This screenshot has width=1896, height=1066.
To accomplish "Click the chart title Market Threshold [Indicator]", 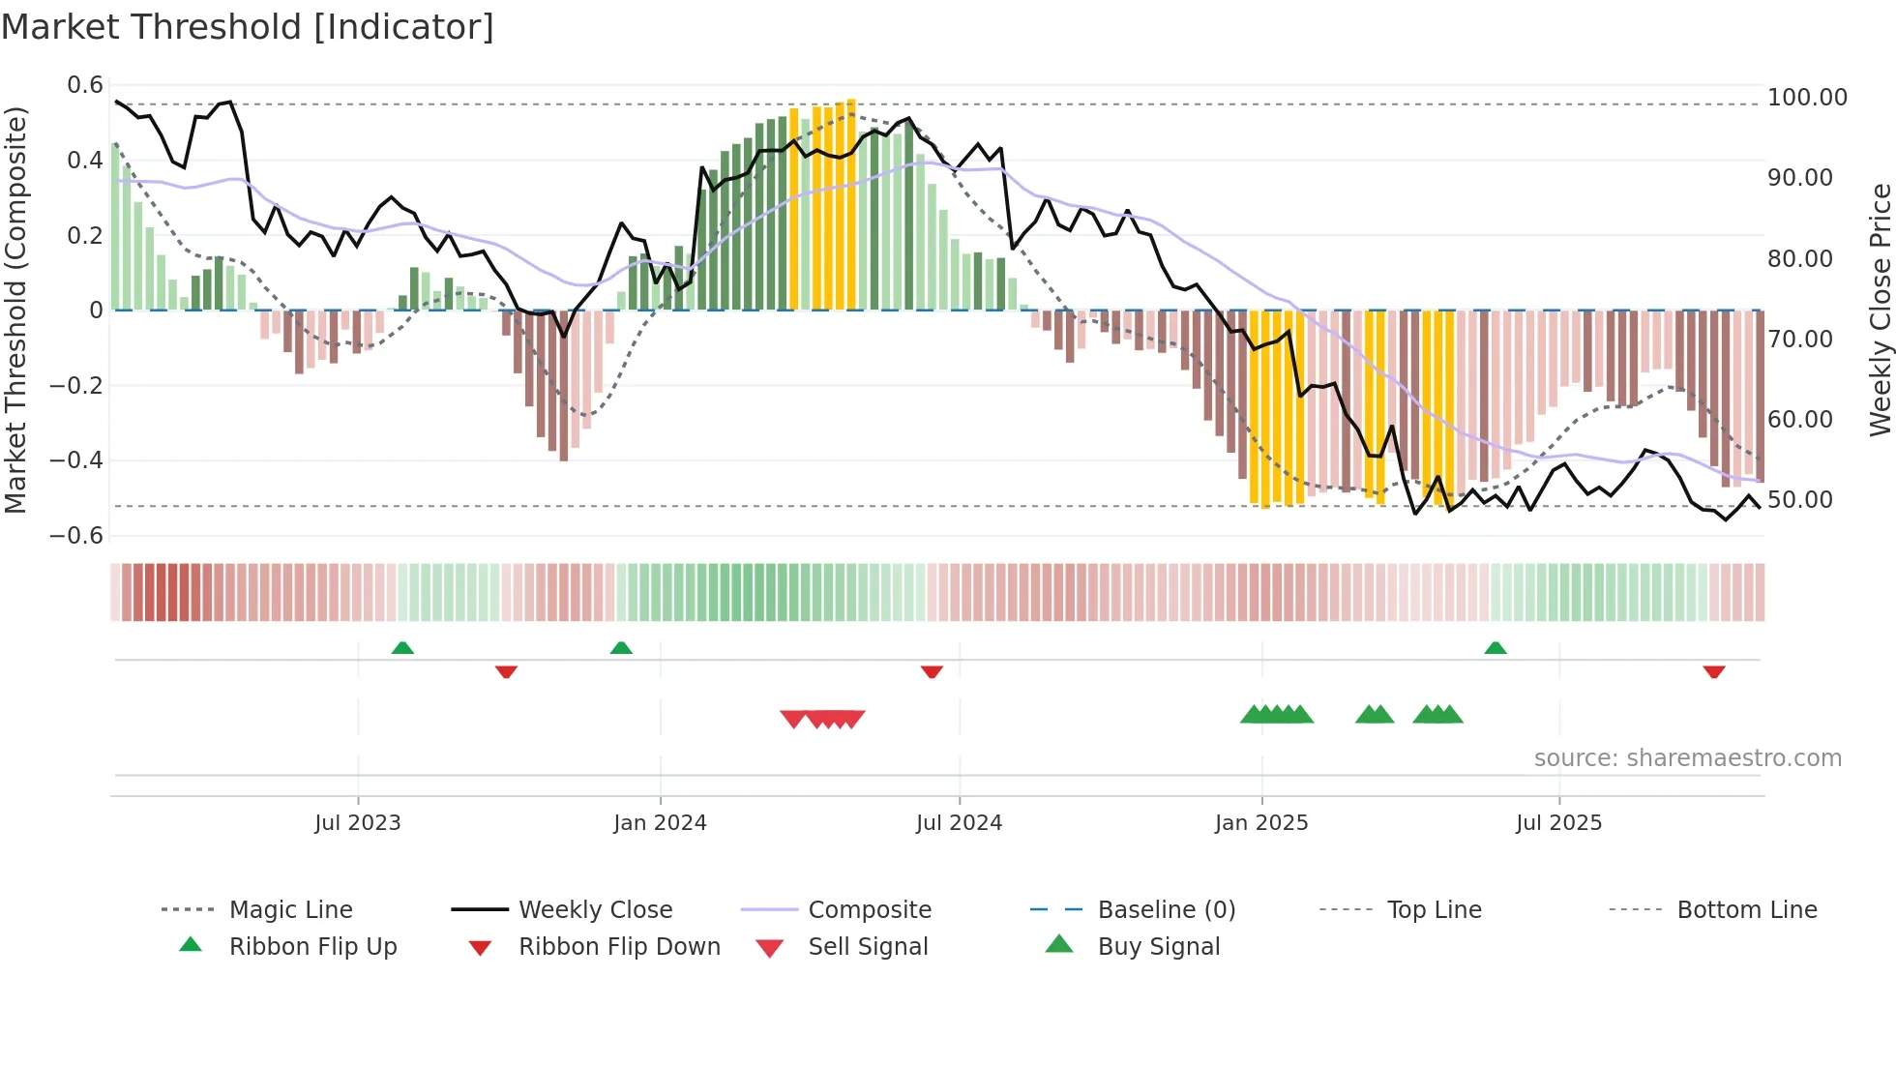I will [x=248, y=27].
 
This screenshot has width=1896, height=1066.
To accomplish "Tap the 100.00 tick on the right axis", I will [x=1806, y=98].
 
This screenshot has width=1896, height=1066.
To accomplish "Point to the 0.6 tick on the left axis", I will [x=85, y=85].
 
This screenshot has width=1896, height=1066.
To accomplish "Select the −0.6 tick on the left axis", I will [x=77, y=536].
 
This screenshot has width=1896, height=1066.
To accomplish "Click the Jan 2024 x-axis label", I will [x=660, y=823].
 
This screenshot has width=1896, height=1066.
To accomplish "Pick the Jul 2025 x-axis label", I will [x=1558, y=823].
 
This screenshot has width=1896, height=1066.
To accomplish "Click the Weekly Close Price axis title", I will [x=1880, y=310].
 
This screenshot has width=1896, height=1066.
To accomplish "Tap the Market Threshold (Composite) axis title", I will [x=15, y=310].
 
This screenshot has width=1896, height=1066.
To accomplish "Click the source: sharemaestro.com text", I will [x=1687, y=758].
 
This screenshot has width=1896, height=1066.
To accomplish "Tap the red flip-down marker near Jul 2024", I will [x=932, y=671].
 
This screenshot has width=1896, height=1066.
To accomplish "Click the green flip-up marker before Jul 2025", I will [x=1496, y=648].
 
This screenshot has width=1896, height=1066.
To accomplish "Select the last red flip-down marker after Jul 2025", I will [x=1714, y=671].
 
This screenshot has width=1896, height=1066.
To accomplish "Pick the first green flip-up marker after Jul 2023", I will [x=402, y=648].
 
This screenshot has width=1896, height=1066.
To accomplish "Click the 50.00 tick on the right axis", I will [x=1799, y=500].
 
